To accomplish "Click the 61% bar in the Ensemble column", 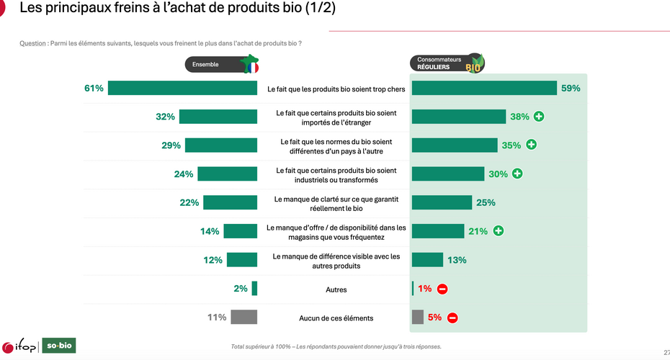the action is pos(182,88).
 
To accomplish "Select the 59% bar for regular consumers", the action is pos(484,88).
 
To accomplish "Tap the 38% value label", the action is pos(519,117).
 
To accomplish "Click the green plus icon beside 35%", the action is pos(531,145).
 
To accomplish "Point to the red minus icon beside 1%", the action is pos(442,289).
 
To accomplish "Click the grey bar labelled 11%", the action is pos(244,318).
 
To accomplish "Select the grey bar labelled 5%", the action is pos(417,318).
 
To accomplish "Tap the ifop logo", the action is pos(19,347).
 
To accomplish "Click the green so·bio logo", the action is pos(59,346).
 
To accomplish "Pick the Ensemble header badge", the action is pos(222,65).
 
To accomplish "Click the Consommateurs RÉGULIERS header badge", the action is pos(447,63).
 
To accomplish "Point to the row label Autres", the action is pos(336,289).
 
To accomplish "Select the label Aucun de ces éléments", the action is pos(336,318).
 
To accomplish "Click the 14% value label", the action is pos(210,231).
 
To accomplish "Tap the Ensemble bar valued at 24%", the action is pos(228,174).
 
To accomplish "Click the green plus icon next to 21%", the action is pos(499,231).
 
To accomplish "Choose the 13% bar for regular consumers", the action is pos(427,260).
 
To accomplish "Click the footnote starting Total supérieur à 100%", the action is pos(336,347).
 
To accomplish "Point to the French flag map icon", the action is pos(250,64).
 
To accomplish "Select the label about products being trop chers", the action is pos(336,89).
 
